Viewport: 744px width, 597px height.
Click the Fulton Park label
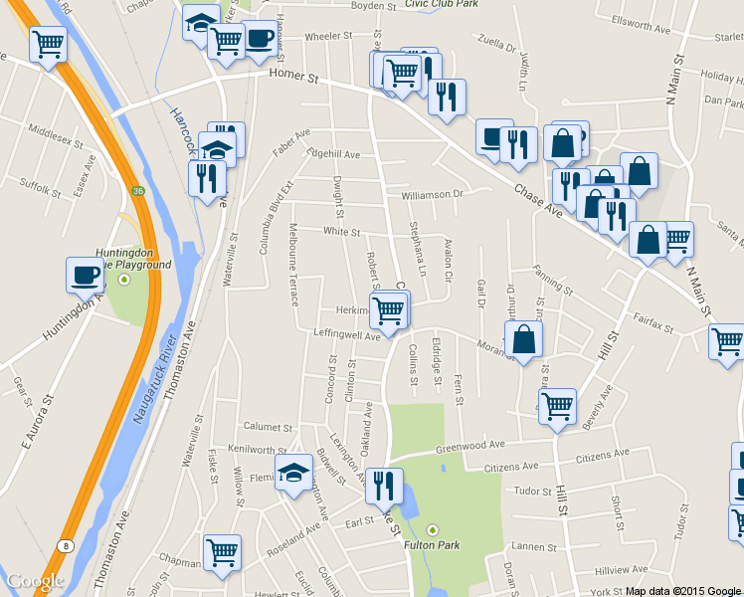tap(432, 544)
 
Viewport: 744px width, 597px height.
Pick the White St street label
tap(341, 232)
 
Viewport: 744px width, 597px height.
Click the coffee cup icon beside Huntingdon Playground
tap(85, 274)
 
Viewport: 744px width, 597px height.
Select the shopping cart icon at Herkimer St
tap(388, 310)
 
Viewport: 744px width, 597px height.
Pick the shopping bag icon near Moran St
tap(523, 340)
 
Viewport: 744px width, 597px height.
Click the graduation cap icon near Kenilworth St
tap(293, 473)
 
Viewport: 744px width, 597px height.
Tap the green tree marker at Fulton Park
tap(432, 528)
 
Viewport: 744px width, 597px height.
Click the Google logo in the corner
tap(36, 582)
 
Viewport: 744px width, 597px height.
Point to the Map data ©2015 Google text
tap(683, 590)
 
